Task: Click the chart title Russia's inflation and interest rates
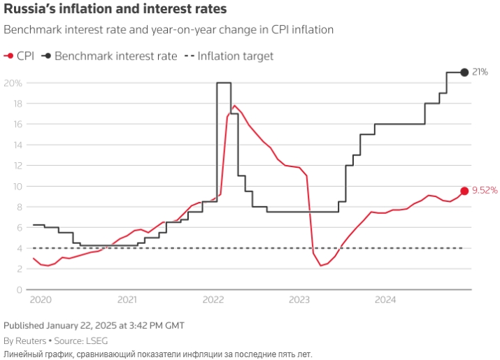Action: click(x=115, y=10)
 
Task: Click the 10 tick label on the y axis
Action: click(x=17, y=187)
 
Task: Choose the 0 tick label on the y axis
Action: click(x=20, y=289)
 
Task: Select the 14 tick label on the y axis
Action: click(x=17, y=145)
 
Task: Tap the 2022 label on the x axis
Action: click(x=213, y=300)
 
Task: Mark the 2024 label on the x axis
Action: click(x=385, y=300)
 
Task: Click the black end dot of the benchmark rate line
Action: click(x=464, y=73)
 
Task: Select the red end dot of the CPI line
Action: click(x=464, y=191)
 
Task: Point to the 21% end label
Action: click(x=480, y=72)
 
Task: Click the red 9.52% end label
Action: click(x=485, y=190)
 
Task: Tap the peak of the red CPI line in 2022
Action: click(x=234, y=106)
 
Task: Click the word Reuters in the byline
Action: click(x=30, y=340)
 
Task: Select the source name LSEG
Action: click(x=93, y=340)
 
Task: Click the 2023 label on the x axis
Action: click(x=299, y=300)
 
